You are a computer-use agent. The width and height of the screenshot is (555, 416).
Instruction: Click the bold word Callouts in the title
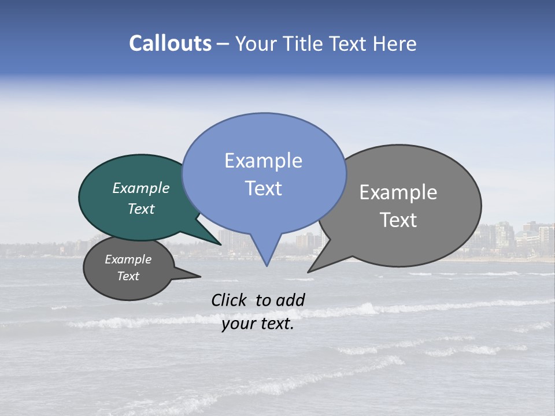point(171,43)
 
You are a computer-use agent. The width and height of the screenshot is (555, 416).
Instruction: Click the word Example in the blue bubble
point(263,161)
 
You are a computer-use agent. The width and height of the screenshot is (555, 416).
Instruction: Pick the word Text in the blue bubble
point(263,188)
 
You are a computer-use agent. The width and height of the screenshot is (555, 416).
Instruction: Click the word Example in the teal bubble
point(141,188)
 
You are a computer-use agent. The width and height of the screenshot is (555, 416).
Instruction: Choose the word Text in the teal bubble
point(141,209)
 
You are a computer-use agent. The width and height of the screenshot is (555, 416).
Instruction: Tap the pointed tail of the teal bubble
point(220,244)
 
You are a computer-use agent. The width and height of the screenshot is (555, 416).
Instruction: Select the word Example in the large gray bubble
point(398,192)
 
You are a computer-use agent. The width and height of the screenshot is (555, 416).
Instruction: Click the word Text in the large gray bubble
point(398,220)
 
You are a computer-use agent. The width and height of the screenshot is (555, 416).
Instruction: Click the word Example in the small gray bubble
point(128,259)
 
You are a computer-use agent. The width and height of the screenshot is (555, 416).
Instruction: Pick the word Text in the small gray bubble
point(128,276)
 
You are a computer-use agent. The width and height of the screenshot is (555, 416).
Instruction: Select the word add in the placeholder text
point(290,300)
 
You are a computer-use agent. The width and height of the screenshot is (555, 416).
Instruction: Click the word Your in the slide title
point(256,43)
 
